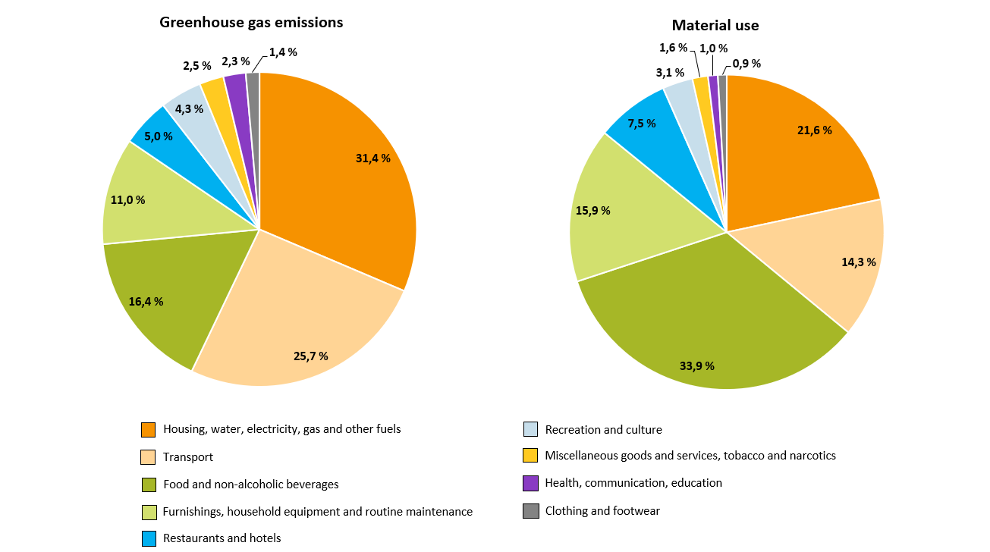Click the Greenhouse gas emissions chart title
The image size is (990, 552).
coord(251,23)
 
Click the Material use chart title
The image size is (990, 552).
coord(715,26)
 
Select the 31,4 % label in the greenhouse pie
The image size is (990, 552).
coord(373,158)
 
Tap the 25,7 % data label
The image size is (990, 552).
coord(311,356)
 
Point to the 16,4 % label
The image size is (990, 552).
coord(146,301)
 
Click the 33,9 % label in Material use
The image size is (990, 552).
coord(697,365)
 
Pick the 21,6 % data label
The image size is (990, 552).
coord(815,130)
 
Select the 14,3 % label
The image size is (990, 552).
coord(859,262)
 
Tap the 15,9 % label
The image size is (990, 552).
coord(593,211)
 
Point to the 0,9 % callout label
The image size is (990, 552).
coord(746,64)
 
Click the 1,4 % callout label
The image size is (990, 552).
coord(283,52)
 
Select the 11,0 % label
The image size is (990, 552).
coord(128,200)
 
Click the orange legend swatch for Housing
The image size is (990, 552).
coord(149,430)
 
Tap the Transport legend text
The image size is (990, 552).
coord(188,457)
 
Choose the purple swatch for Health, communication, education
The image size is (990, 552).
coord(531,483)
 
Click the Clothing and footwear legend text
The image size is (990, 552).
coord(602,511)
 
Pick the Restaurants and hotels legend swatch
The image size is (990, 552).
coord(149,538)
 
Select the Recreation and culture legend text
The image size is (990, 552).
coord(603,430)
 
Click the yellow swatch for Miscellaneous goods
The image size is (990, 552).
coord(531,456)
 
